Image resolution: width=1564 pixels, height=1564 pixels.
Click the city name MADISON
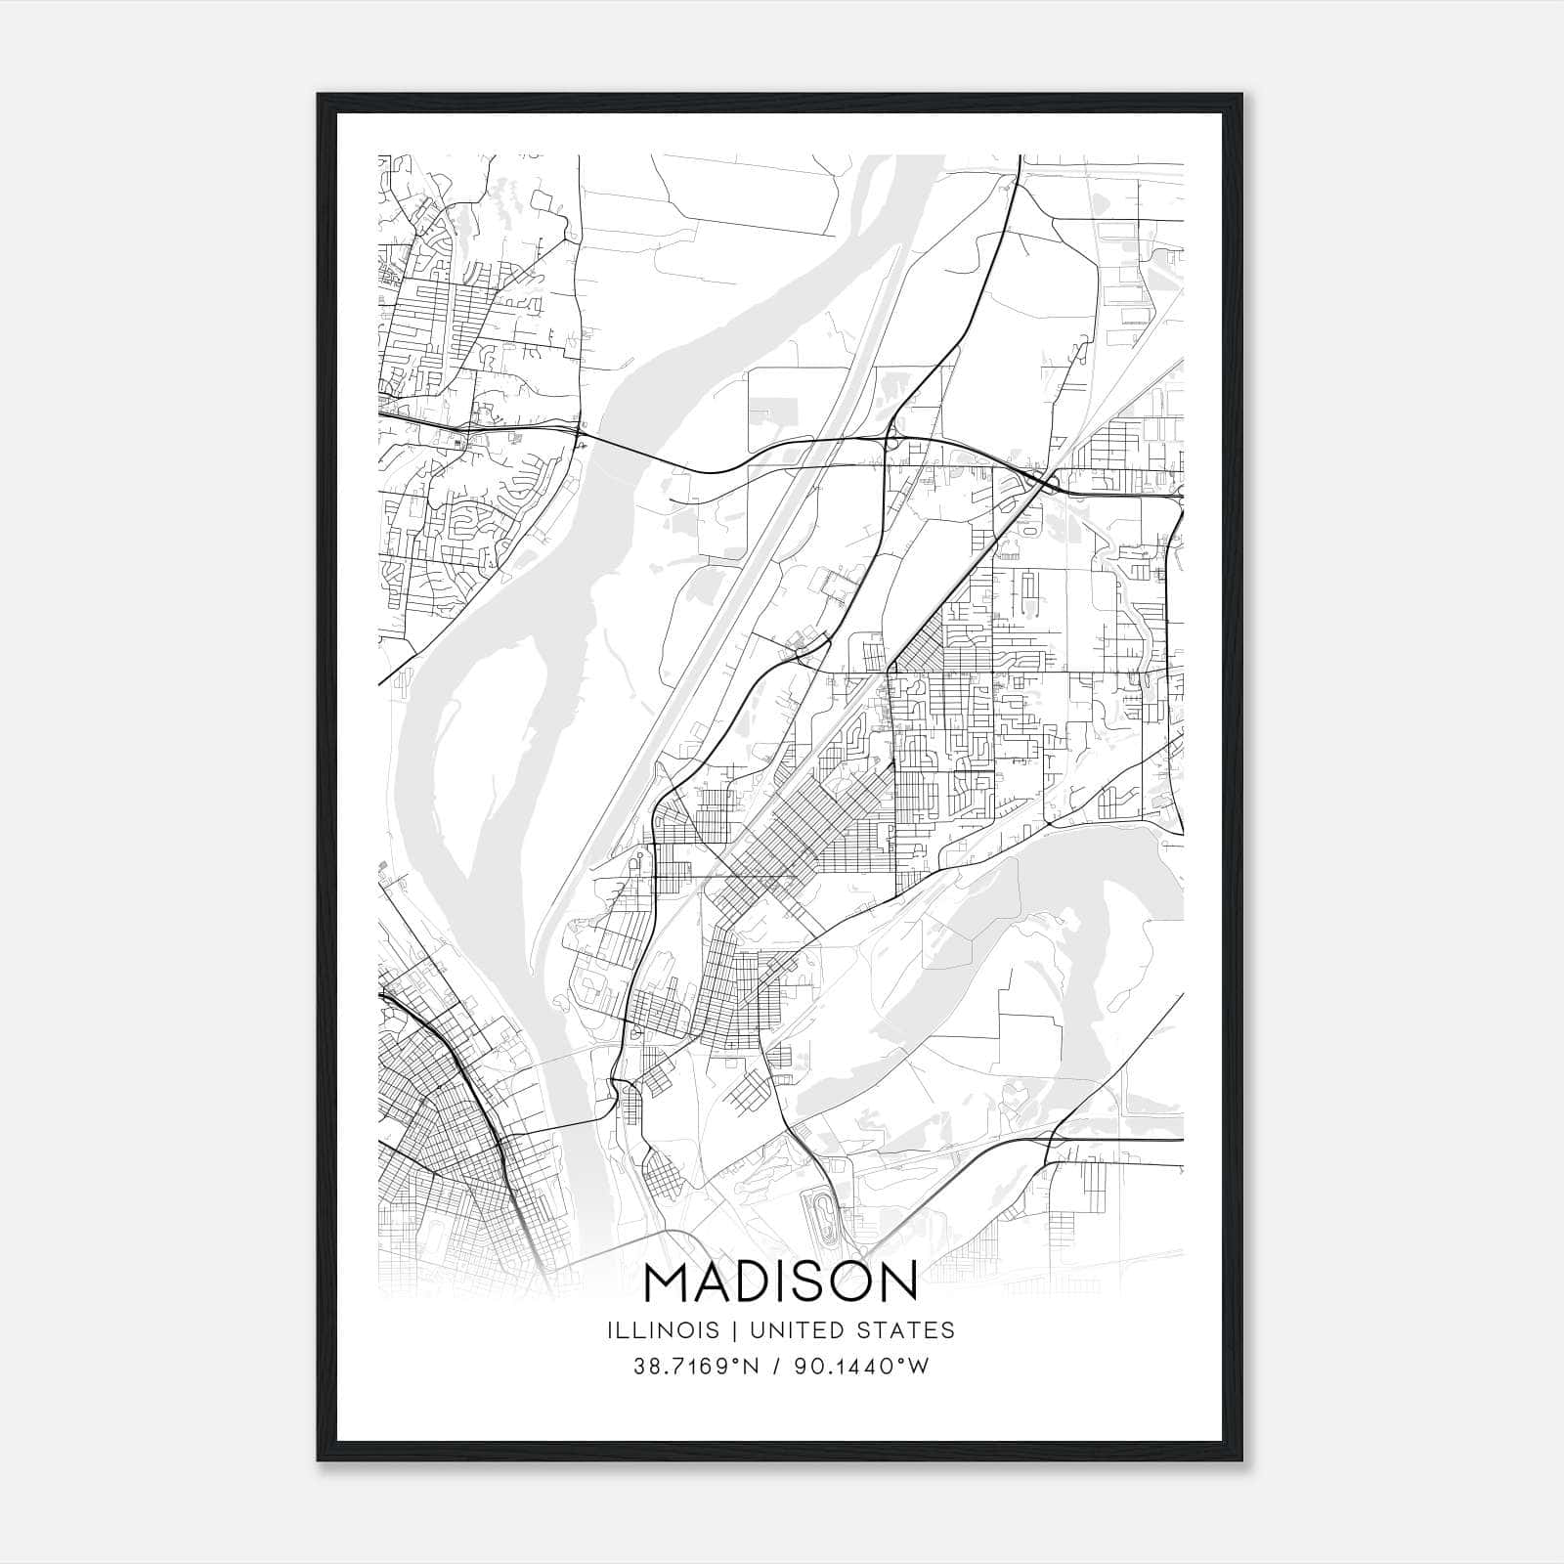(781, 1282)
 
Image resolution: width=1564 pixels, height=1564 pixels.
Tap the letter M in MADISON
(670, 1282)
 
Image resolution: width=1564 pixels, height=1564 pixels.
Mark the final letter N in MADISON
(900, 1282)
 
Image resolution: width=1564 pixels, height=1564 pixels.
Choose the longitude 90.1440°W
(860, 1367)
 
